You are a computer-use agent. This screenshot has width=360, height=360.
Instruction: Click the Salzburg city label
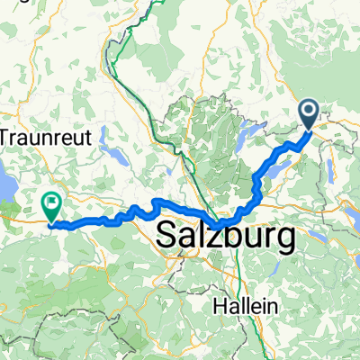[x=226, y=238]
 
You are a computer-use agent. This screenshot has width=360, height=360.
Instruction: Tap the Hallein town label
[x=244, y=306]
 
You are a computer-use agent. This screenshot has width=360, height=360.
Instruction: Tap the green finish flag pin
[x=52, y=208]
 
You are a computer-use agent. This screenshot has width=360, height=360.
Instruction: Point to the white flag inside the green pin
[x=52, y=203]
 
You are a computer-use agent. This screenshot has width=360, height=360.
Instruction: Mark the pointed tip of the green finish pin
[x=52, y=222]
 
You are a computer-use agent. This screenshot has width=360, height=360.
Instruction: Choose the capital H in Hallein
[x=219, y=306]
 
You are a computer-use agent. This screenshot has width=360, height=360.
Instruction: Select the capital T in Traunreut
[x=5, y=137]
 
